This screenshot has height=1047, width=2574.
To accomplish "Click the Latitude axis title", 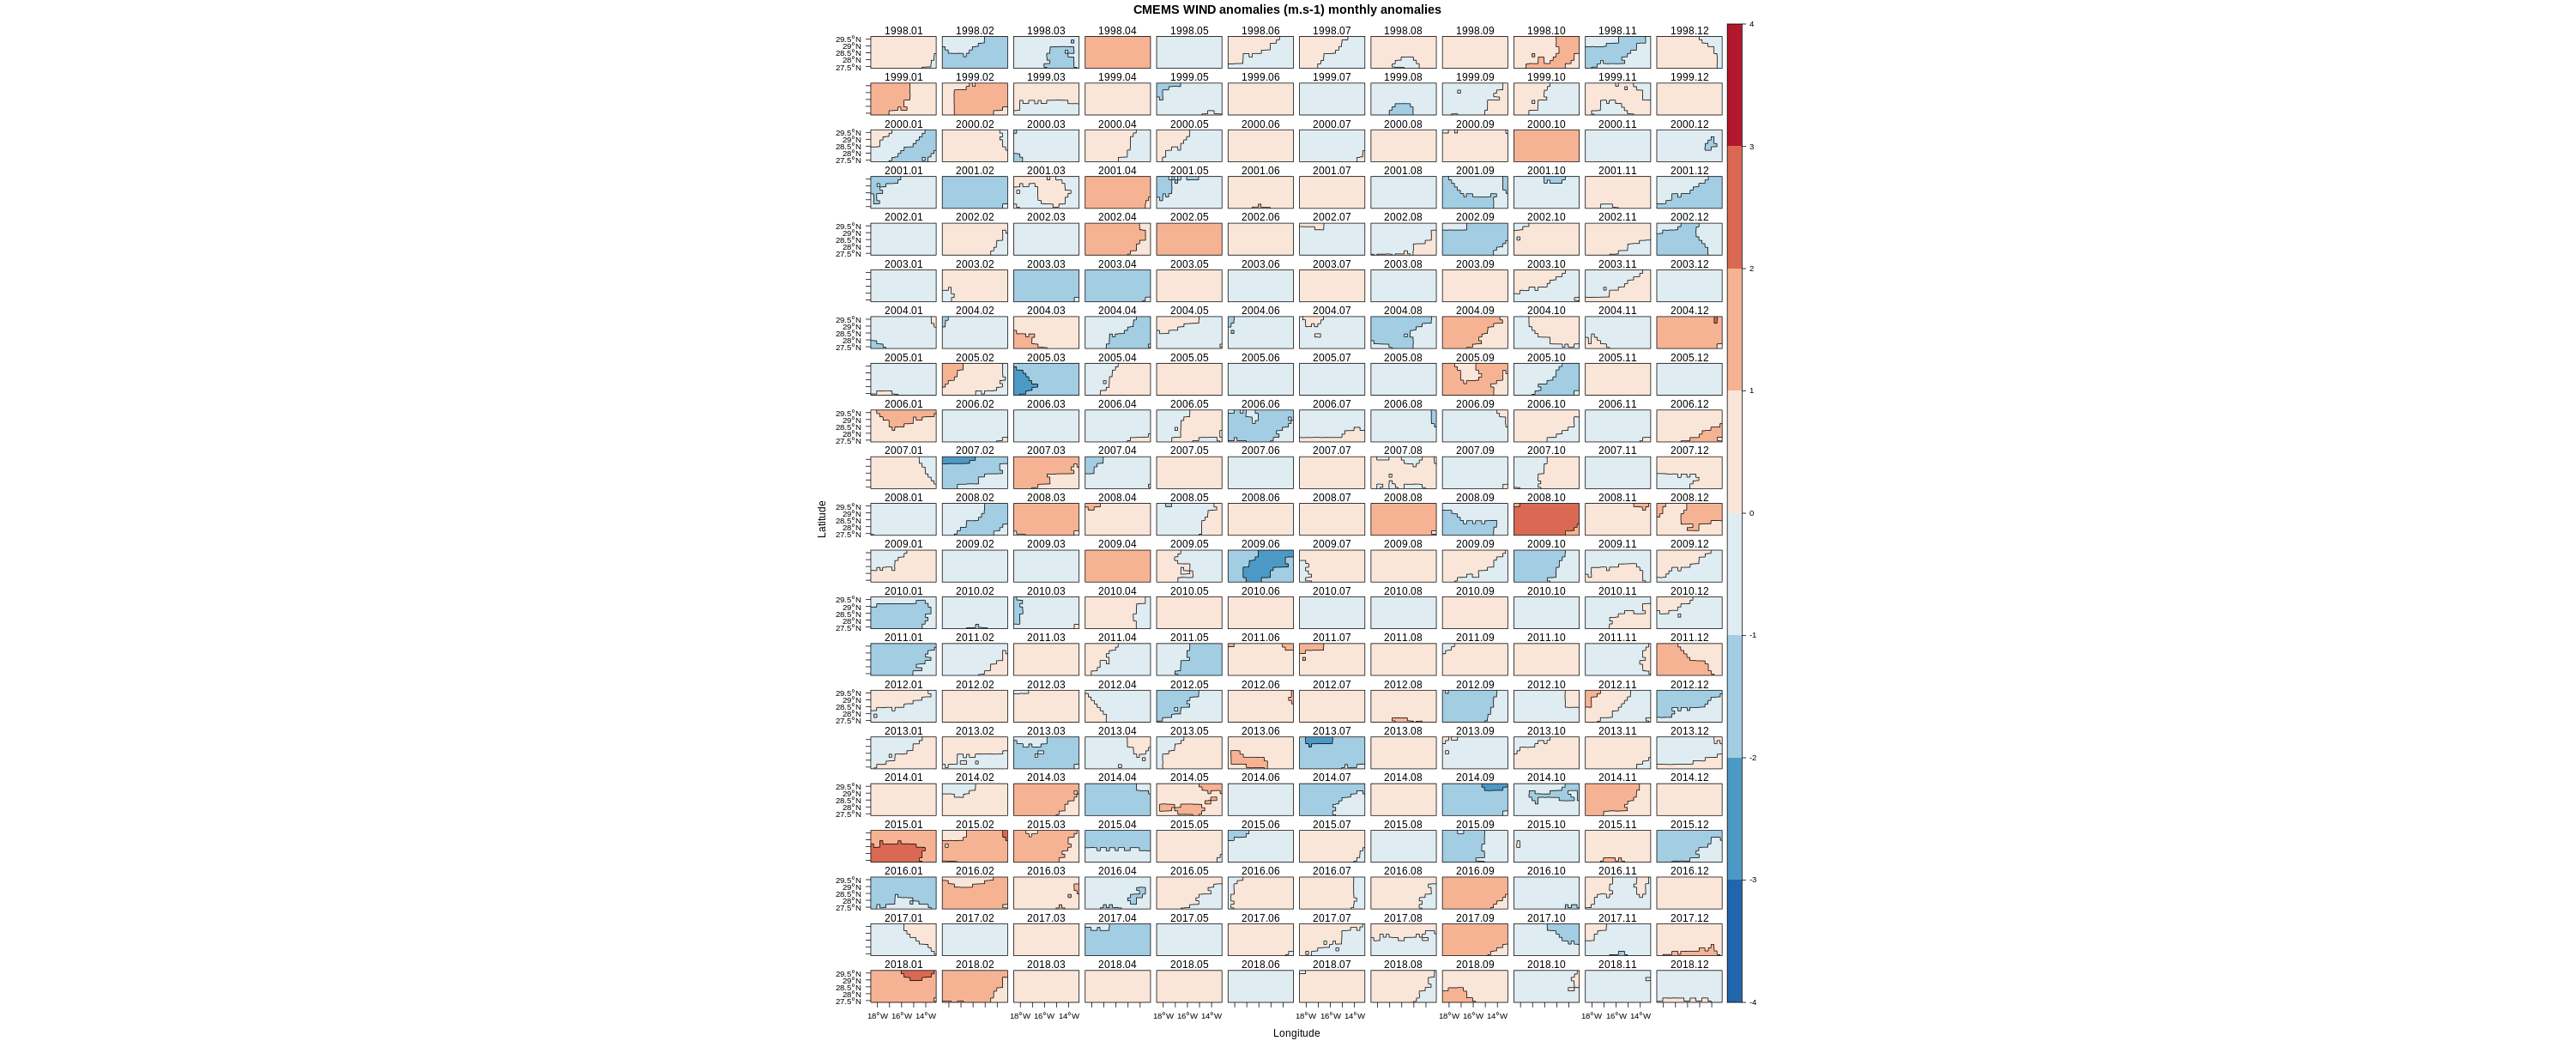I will coord(822,519).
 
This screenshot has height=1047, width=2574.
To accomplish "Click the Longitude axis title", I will coord(1296,1033).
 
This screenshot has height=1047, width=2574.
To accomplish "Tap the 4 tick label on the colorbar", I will coord(1750,24).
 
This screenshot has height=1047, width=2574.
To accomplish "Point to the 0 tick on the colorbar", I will coord(1750,513).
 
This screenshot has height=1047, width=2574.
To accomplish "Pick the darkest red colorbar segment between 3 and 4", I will coord(1735,85).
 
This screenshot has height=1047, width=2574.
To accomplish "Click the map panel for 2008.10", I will coord(1546,519).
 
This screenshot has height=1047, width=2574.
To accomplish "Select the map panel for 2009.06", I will coord(1260,566).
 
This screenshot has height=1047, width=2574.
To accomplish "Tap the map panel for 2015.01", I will coord(903,846).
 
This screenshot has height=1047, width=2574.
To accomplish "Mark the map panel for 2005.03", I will coord(1046,379).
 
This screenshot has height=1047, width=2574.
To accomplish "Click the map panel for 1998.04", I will coord(1117,53).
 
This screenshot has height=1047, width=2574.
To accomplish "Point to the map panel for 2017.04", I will coord(1117,940).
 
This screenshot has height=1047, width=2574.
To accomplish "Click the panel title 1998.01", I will coord(903,31).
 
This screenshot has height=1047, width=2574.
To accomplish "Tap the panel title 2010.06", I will coord(1260,591).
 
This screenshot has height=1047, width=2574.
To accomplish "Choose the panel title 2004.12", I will coord(1689,311).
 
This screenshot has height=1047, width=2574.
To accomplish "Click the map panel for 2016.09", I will coord(1475,893).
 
